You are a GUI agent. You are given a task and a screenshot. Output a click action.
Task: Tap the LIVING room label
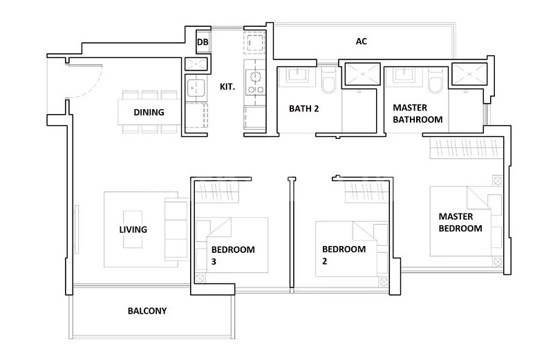tap(133, 229)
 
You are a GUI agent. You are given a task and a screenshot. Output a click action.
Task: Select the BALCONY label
tap(147, 311)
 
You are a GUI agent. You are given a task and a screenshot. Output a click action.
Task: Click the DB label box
tap(203, 42)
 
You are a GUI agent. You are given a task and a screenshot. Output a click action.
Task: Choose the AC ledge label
tap(361, 41)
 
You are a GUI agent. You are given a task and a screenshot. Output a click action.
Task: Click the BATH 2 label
tap(303, 108)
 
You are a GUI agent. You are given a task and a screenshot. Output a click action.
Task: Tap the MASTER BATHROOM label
tap(418, 113)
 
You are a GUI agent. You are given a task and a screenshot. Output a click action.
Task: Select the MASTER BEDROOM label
tap(460, 222)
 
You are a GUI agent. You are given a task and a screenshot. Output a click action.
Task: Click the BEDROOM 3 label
tap(232, 255)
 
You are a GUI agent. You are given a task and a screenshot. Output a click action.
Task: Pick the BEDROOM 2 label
tap(344, 255)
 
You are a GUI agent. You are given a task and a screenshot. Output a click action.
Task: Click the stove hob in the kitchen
tap(254, 82)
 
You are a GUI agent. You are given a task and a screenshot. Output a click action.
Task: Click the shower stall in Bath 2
tap(359, 75)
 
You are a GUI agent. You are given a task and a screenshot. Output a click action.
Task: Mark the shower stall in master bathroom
tap(468, 75)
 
